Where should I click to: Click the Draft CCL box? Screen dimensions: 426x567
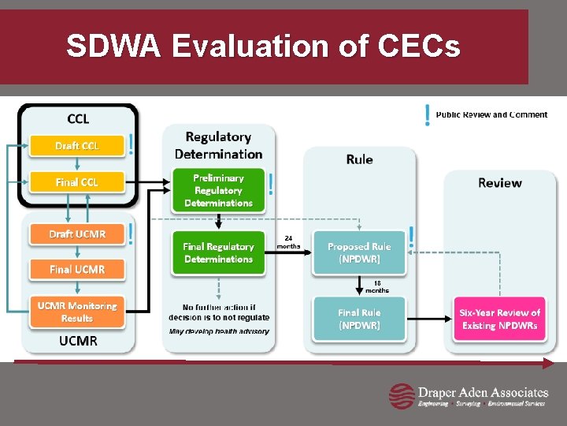click(x=77, y=146)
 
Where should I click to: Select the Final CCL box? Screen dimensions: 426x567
click(x=77, y=182)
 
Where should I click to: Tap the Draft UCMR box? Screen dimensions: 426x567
click(x=77, y=234)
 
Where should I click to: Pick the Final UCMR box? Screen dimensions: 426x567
click(x=77, y=269)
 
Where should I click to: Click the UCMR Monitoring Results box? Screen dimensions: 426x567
click(x=77, y=312)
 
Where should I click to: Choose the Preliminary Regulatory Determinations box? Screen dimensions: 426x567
click(x=218, y=190)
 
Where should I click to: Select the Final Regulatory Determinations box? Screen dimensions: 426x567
click(x=218, y=252)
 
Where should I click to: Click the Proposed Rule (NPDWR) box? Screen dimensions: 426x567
click(x=359, y=252)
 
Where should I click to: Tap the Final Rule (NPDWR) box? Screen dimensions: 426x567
click(x=359, y=319)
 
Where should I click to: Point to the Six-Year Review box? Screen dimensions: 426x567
click(x=501, y=319)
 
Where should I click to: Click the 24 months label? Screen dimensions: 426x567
click(x=288, y=241)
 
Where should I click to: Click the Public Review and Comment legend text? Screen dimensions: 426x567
click(x=491, y=115)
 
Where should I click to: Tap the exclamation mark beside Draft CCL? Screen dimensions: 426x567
click(x=131, y=144)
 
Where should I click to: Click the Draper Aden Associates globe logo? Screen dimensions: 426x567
click(x=402, y=396)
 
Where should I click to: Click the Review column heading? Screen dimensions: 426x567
click(x=500, y=183)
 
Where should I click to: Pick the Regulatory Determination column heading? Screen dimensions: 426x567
click(x=218, y=145)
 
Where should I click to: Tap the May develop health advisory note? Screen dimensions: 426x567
click(x=219, y=331)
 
